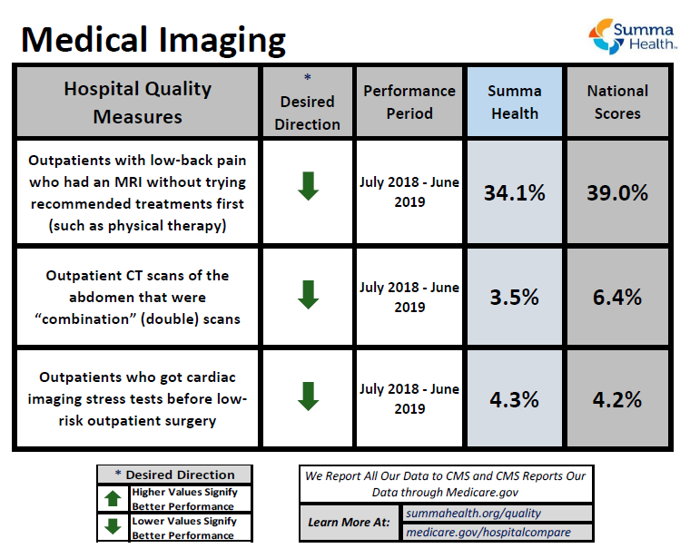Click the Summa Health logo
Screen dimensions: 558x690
pos(633,34)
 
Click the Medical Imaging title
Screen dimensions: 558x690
pos(153,39)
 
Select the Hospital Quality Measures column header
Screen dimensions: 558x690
pos(138,103)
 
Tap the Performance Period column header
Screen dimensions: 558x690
pos(409,103)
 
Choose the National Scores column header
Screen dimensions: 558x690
pos(617,103)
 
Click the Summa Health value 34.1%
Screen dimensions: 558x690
pos(514,192)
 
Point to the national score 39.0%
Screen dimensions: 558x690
pos(617,192)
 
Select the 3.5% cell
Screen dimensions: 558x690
pos(514,297)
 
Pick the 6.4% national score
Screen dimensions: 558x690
pos(617,297)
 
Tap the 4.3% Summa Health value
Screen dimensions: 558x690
pos(514,399)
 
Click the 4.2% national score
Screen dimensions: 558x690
pos(617,399)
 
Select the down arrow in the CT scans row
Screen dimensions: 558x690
pos(308,293)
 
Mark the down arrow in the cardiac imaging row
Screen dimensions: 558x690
pos(308,396)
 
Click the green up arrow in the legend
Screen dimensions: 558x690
pos(113,498)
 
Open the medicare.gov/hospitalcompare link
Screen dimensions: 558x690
pos(488,533)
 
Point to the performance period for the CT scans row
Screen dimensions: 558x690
pos(409,297)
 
